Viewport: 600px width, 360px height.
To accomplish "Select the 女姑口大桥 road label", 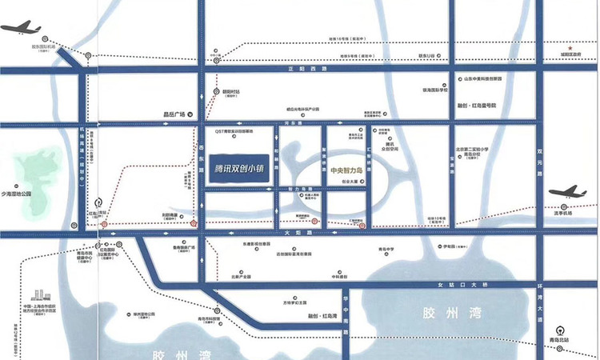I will tap(469, 285).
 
